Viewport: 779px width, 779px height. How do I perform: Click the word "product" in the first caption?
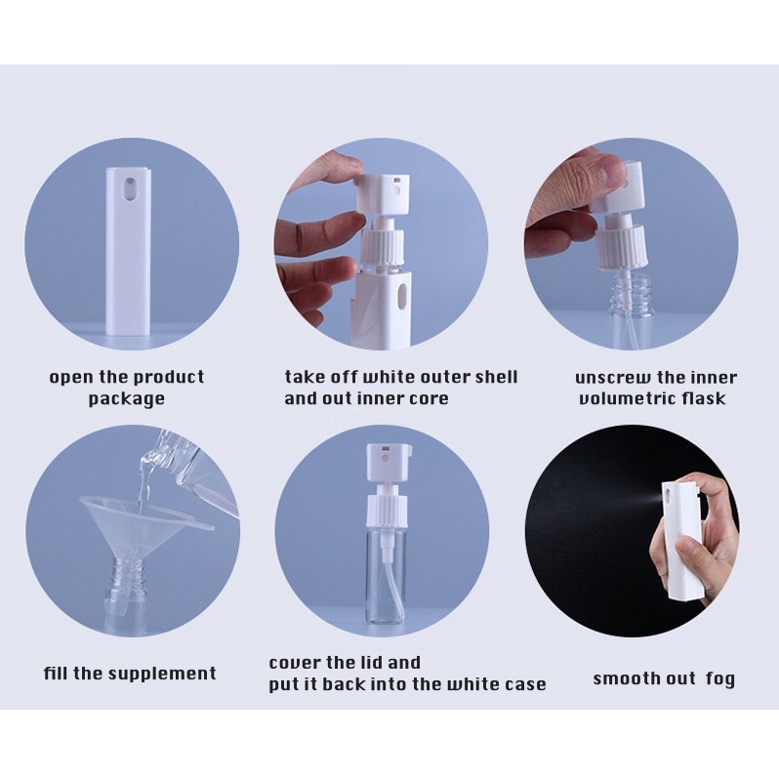(169, 377)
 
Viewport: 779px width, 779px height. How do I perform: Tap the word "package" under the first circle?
(126, 399)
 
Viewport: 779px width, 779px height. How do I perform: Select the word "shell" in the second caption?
(496, 377)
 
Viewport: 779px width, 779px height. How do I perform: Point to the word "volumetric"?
(627, 398)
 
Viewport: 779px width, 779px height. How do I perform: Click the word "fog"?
(719, 678)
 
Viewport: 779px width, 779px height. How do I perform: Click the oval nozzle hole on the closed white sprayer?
(130, 189)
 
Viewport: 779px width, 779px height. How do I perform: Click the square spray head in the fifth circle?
(389, 463)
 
